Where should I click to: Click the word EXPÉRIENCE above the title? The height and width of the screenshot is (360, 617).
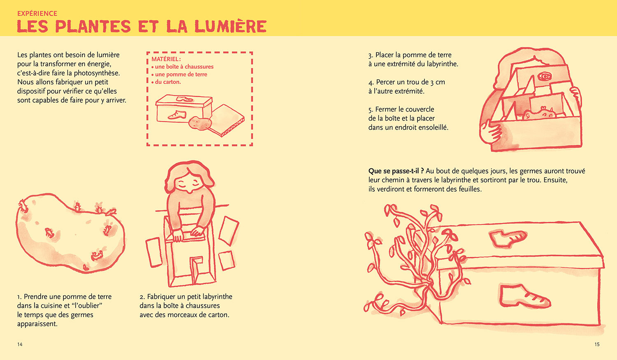(37, 14)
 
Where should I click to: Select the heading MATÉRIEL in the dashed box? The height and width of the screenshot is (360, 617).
(166, 59)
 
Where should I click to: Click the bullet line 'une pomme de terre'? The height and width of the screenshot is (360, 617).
(181, 74)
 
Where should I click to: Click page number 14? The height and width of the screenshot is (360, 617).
(20, 344)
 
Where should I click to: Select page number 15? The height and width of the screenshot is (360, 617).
(597, 344)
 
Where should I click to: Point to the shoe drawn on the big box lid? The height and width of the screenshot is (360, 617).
(508, 238)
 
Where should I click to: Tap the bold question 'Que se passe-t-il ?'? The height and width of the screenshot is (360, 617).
(396, 171)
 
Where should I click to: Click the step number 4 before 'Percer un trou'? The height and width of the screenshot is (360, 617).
(371, 82)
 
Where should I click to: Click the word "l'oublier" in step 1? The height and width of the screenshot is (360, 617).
(87, 306)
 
